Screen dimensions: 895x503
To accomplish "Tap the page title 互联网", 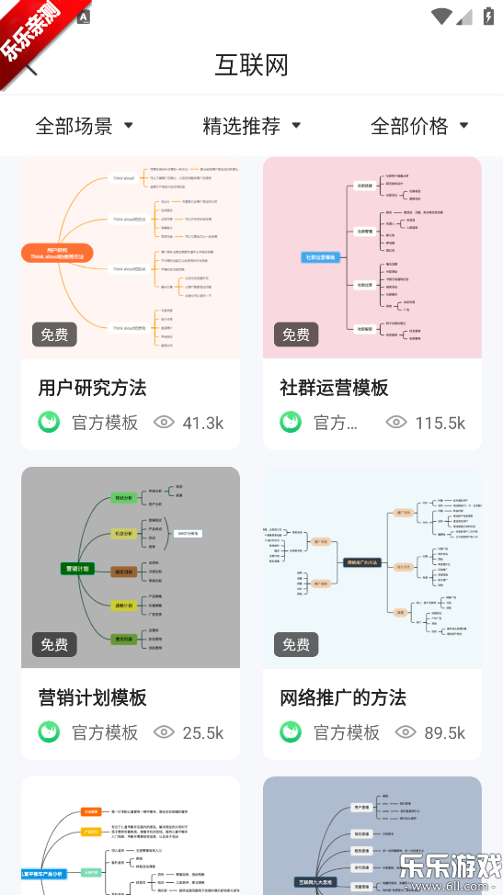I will click(x=251, y=65).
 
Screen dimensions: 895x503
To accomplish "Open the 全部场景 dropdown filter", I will click(x=84, y=126).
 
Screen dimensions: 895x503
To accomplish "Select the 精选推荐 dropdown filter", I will click(x=251, y=126).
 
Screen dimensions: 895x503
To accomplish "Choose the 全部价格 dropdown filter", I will click(x=419, y=126).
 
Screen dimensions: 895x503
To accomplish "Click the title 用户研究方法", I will click(x=92, y=388).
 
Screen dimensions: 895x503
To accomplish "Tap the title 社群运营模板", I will click(x=334, y=388).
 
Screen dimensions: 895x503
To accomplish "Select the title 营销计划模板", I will click(x=92, y=697).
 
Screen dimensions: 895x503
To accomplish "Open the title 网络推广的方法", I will click(x=343, y=697).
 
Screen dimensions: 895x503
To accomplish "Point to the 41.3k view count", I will click(x=202, y=423).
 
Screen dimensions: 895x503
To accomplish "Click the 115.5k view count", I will click(x=440, y=423).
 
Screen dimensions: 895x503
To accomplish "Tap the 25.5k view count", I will click(x=202, y=732).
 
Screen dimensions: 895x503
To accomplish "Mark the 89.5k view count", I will click(x=443, y=732).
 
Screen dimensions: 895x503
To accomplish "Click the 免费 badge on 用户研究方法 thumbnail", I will click(x=54, y=334).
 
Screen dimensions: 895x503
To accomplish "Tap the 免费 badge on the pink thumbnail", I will click(x=296, y=334).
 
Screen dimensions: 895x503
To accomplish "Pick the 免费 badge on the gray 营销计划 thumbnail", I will click(x=54, y=644).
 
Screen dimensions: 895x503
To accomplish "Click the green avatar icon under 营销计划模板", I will click(x=49, y=732).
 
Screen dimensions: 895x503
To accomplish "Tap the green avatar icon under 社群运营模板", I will click(x=291, y=423).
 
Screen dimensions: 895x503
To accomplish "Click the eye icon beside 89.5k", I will click(x=406, y=732).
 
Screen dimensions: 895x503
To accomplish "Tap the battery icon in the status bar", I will click(x=488, y=16).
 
